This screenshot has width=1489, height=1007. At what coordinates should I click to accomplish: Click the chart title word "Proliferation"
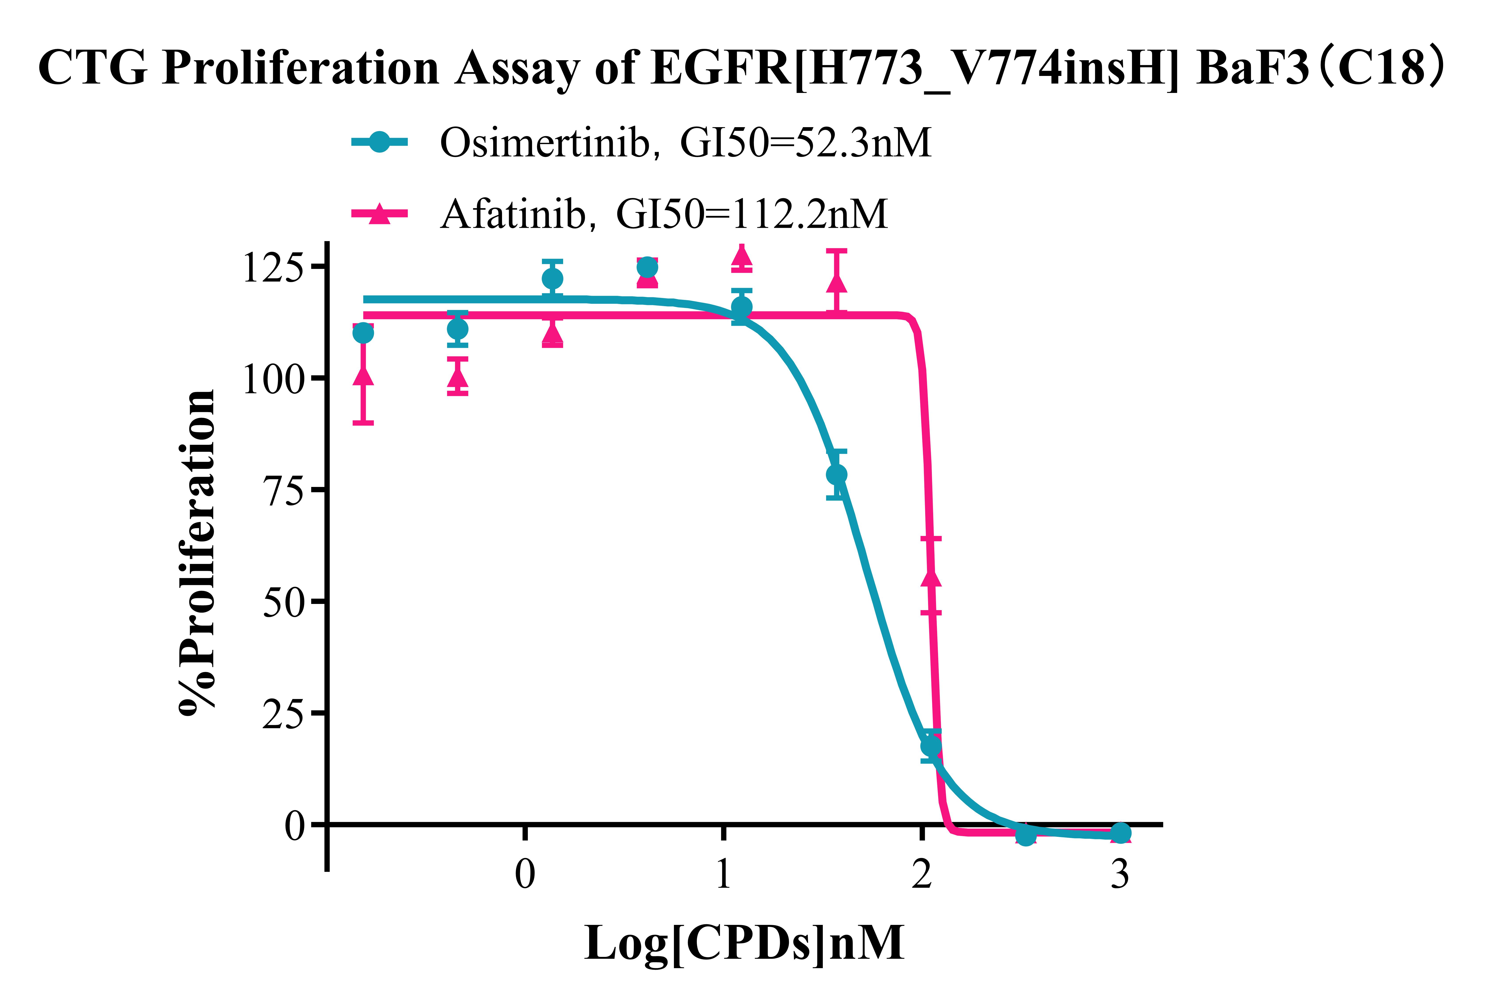click(x=300, y=68)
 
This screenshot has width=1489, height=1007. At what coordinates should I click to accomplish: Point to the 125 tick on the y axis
click(x=272, y=267)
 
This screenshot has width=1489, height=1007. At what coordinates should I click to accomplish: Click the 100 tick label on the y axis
click(x=272, y=379)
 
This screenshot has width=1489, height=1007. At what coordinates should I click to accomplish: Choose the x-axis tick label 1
click(x=723, y=873)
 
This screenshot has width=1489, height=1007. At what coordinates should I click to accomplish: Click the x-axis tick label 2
click(x=921, y=873)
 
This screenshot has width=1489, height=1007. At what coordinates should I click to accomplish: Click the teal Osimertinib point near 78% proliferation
click(x=836, y=474)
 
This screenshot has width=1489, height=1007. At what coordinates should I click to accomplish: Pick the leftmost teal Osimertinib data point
click(x=363, y=333)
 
